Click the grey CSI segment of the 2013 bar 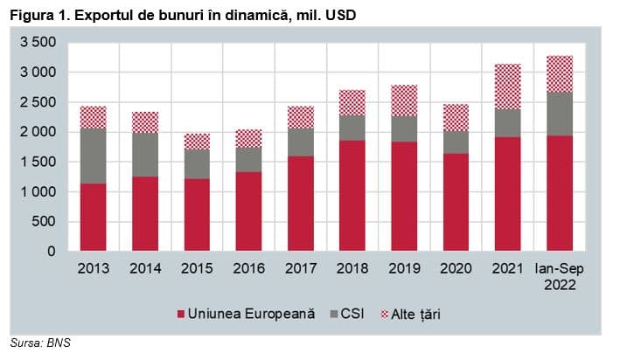pyautogui.click(x=94, y=156)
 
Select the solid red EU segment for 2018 pyautogui.click(x=352, y=196)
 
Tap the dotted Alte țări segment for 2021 pyautogui.click(x=508, y=87)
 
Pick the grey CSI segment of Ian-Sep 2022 pyautogui.click(x=560, y=114)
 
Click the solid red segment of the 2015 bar pyautogui.click(x=197, y=215)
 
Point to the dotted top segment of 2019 pyautogui.click(x=404, y=100)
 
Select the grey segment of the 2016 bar pyautogui.click(x=248, y=160)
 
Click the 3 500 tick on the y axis pyautogui.click(x=38, y=42)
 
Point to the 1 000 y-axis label pyautogui.click(x=38, y=191)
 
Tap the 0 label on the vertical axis pyautogui.click(x=52, y=252)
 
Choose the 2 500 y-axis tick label pyautogui.click(x=38, y=102)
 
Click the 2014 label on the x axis pyautogui.click(x=145, y=268)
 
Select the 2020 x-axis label pyautogui.click(x=456, y=268)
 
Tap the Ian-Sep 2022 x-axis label pyautogui.click(x=560, y=276)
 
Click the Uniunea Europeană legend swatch pyautogui.click(x=181, y=315)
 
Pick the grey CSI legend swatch pyautogui.click(x=334, y=315)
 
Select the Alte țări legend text pyautogui.click(x=416, y=315)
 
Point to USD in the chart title pyautogui.click(x=341, y=15)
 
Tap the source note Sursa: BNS pyautogui.click(x=40, y=343)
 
